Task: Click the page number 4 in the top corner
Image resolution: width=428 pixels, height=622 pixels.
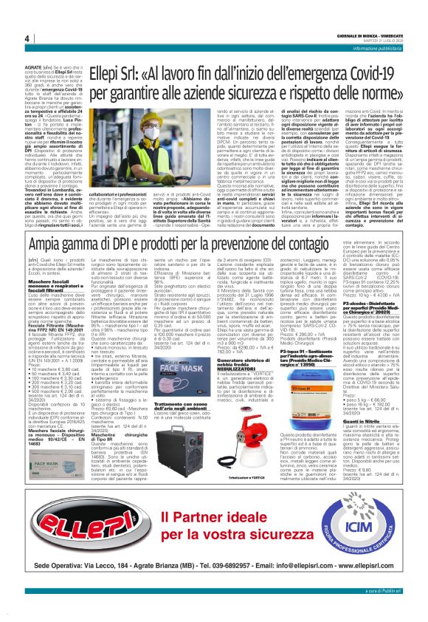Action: click(x=27, y=38)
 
